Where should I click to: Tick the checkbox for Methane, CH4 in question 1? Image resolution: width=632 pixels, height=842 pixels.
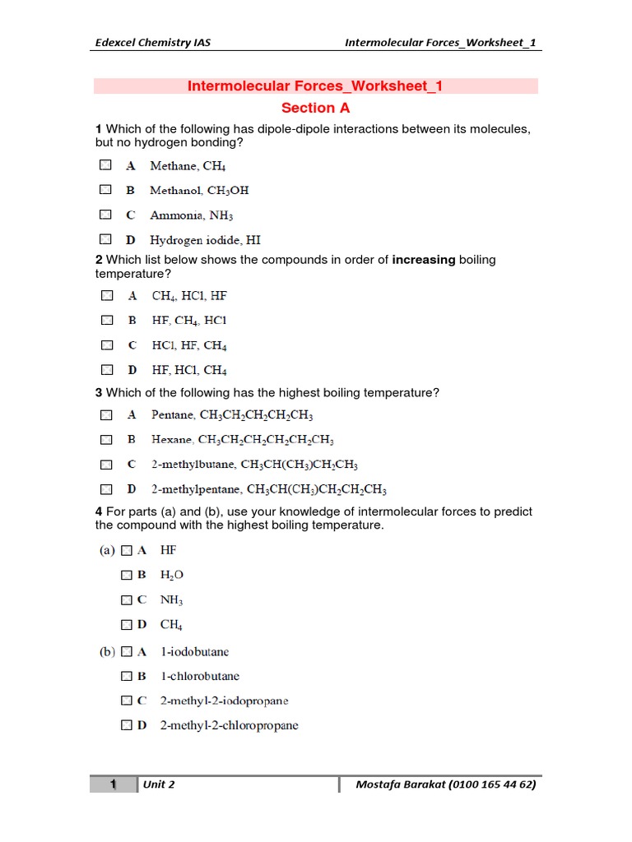(105, 165)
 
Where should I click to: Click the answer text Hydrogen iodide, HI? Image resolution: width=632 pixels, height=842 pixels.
(205, 240)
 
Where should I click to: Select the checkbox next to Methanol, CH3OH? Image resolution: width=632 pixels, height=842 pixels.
(105, 190)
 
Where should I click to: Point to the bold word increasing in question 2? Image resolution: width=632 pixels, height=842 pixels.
(424, 260)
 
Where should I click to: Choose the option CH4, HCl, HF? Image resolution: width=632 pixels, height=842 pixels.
(189, 295)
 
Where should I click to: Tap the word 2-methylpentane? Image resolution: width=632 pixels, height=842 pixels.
(197, 489)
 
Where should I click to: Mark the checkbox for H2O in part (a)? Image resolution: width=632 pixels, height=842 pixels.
(126, 575)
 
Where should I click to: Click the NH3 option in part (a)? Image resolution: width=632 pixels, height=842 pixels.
(171, 600)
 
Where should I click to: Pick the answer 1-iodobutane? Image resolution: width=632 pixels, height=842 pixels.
(194, 651)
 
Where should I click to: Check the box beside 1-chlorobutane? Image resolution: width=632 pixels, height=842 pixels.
(126, 676)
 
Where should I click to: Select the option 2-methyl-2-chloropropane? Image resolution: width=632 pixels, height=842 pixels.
(229, 725)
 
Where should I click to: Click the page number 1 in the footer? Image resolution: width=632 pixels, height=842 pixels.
(113, 784)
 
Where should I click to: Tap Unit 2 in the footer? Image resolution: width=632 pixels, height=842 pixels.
(158, 784)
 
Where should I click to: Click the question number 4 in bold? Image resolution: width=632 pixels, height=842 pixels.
(99, 511)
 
